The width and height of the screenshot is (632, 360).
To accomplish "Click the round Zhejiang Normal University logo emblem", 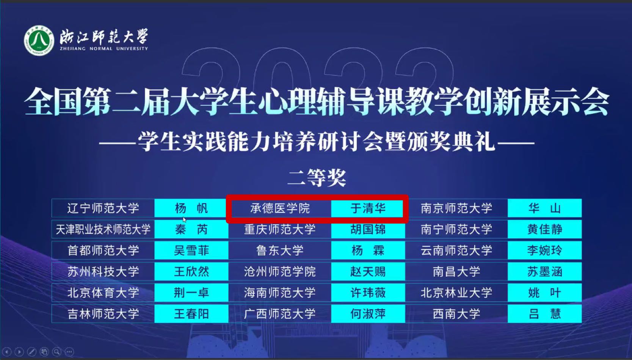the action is click(x=39, y=40).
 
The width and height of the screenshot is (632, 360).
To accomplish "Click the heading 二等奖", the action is click(x=317, y=178).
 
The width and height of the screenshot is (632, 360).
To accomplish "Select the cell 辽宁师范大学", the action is click(x=103, y=208).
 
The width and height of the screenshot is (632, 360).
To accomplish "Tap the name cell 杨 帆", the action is click(x=191, y=208).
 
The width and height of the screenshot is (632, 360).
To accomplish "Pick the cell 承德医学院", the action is click(x=280, y=208).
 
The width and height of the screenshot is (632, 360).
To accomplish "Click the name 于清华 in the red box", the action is click(x=368, y=208).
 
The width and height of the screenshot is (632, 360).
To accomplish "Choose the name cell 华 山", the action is click(x=544, y=208).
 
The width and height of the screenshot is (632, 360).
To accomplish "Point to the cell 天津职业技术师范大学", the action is click(x=103, y=229).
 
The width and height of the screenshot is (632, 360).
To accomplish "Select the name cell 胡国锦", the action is click(x=368, y=229).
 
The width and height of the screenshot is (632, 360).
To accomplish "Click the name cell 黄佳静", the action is click(x=544, y=229).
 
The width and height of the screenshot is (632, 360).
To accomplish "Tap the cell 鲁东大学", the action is click(x=280, y=250).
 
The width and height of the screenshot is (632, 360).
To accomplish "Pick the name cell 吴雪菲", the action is click(x=191, y=250).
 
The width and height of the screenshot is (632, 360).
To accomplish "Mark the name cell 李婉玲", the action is click(x=544, y=250).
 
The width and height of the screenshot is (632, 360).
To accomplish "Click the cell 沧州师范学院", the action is click(x=280, y=271).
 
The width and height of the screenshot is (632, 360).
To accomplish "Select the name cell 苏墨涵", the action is click(x=544, y=271).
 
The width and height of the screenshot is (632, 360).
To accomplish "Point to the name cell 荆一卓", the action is click(x=191, y=293).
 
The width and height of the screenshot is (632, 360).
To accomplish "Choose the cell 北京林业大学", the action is click(x=456, y=293).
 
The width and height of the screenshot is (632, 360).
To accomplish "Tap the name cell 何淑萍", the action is click(x=368, y=313).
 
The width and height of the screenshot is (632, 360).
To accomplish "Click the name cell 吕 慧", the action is click(x=544, y=313).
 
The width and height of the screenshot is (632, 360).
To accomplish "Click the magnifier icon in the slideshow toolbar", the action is click(x=57, y=352).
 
